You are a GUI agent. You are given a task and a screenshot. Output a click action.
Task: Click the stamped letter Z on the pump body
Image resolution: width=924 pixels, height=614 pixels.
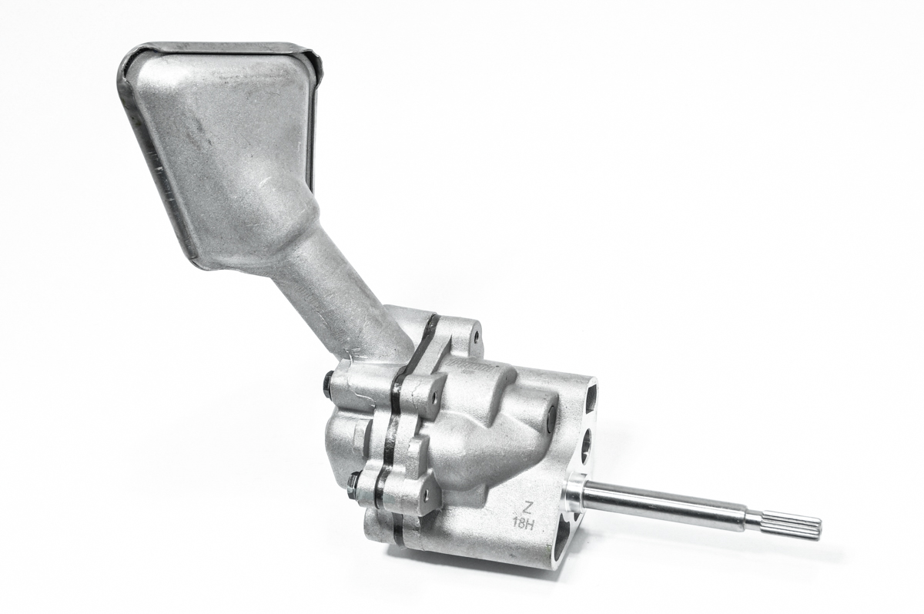tap(527, 507)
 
